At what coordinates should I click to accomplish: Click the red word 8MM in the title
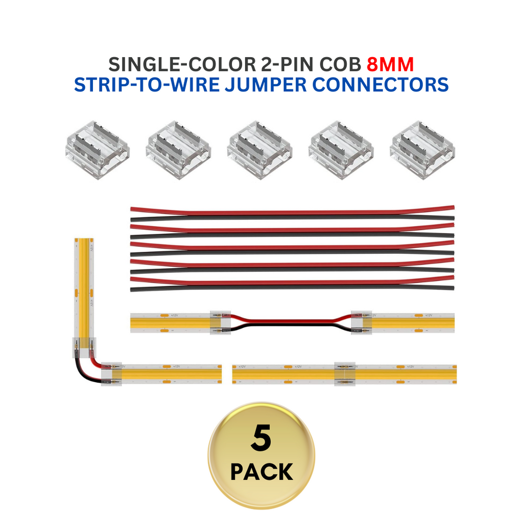click(x=390, y=65)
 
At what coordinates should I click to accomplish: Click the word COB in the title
click(x=341, y=65)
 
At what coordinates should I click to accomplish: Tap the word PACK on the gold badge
click(x=261, y=472)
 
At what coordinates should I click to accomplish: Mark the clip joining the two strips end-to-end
click(x=345, y=374)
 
